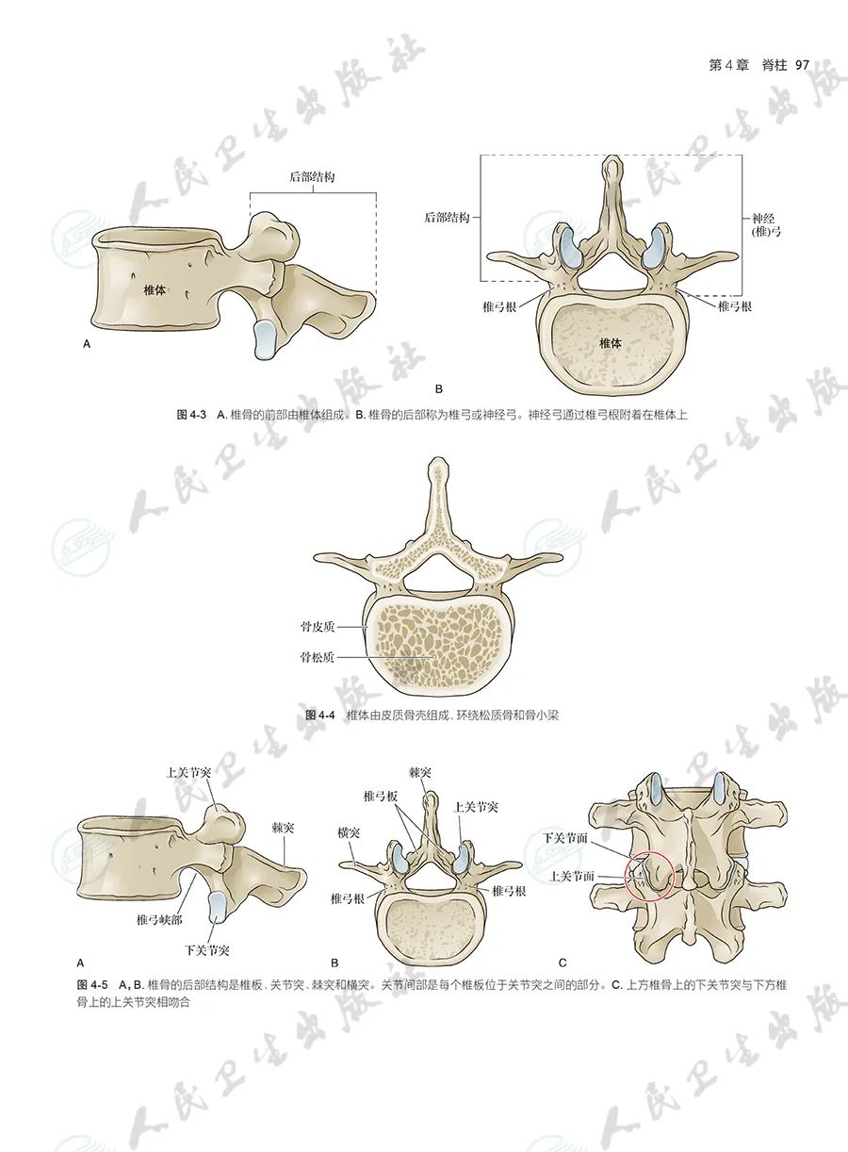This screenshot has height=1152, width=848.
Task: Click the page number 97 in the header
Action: [802, 65]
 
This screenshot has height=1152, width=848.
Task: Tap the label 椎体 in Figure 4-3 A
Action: [155, 290]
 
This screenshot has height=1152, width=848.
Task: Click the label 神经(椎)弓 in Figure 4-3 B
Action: [766, 225]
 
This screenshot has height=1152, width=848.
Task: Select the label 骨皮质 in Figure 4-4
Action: [318, 626]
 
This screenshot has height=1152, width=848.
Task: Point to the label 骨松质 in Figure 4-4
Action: [318, 657]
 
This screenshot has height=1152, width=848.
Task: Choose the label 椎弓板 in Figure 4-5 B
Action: [381, 796]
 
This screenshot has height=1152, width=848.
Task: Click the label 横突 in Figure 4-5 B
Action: [349, 832]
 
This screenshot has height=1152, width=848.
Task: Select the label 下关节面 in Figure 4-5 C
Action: [565, 838]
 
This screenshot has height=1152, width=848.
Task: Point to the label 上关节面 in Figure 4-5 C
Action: [572, 876]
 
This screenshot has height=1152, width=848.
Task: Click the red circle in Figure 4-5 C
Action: [626, 877]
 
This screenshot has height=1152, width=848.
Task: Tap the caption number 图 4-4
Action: [319, 715]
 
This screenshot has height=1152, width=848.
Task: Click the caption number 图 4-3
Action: [191, 415]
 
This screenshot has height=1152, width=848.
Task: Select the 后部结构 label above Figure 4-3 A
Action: [312, 177]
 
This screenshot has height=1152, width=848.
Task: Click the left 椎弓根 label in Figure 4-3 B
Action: [499, 307]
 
